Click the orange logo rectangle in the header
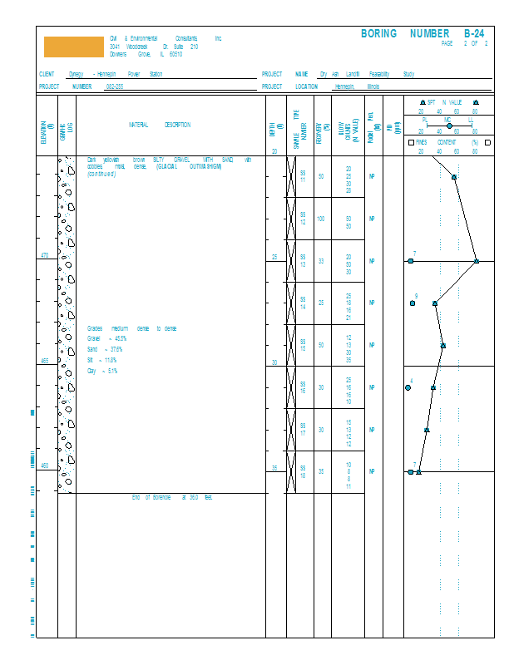coord(73,47)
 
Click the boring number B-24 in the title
coord(473,33)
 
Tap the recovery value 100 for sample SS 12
coord(320,219)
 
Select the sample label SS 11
coord(303,176)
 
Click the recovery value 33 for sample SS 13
coord(320,261)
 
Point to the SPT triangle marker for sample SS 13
coord(477,261)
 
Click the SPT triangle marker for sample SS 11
coord(454,176)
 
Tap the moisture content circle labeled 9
coord(413,303)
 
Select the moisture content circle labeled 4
coord(408,387)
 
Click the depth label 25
coord(274,257)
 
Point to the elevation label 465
coord(46,362)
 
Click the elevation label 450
coord(46,465)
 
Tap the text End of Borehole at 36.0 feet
coord(173,497)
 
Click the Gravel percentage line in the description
coord(107,339)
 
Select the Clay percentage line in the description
coord(103,371)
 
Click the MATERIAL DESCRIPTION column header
coord(159,126)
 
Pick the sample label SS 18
coord(303,471)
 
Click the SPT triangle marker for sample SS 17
coord(427,430)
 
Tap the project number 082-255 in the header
coord(115,86)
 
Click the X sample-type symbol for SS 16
coord(292,387)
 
